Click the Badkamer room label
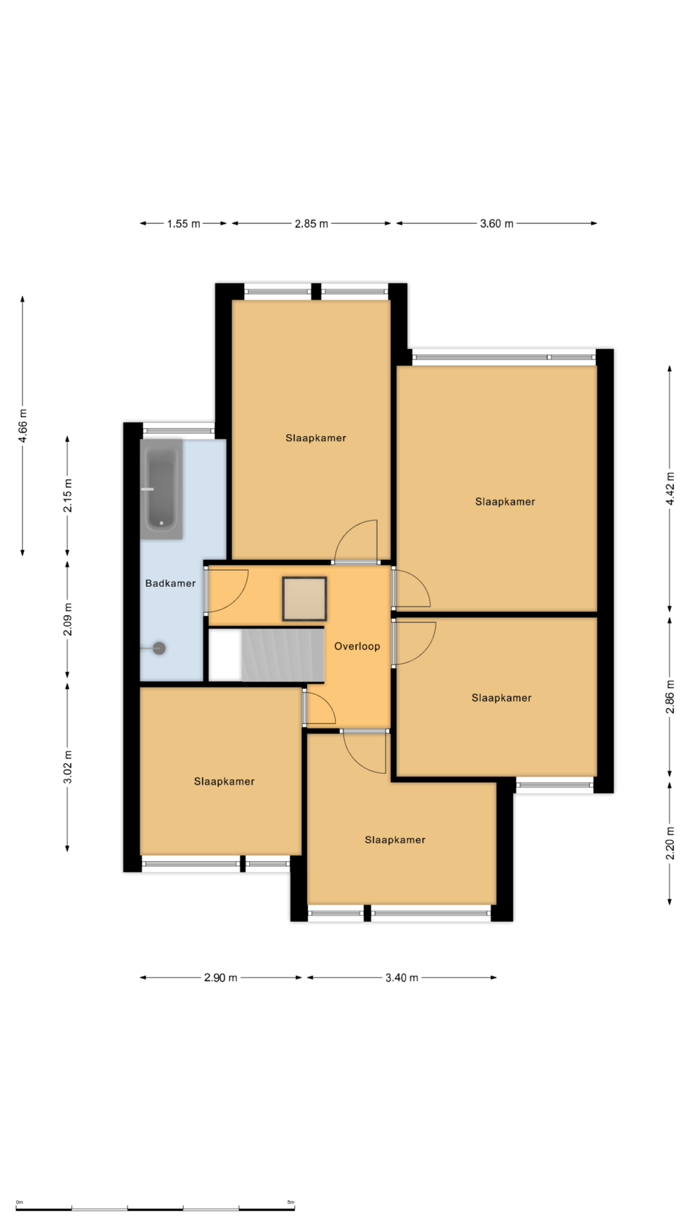pos(170,583)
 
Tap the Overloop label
pos(357,646)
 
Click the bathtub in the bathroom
pos(161,489)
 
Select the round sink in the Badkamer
pos(159,648)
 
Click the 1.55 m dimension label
pos(184,224)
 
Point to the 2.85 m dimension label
pos(311,224)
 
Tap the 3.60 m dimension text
pos(497,224)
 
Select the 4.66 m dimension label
pos(23,426)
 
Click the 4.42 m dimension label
pos(670,489)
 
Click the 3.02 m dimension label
pos(68,767)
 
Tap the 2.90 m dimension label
pos(220,978)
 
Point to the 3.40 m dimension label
pos(402,978)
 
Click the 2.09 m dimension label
pos(68,619)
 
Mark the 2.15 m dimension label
pos(68,495)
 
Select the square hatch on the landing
pos(305,599)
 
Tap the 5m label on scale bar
pos(291,1202)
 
